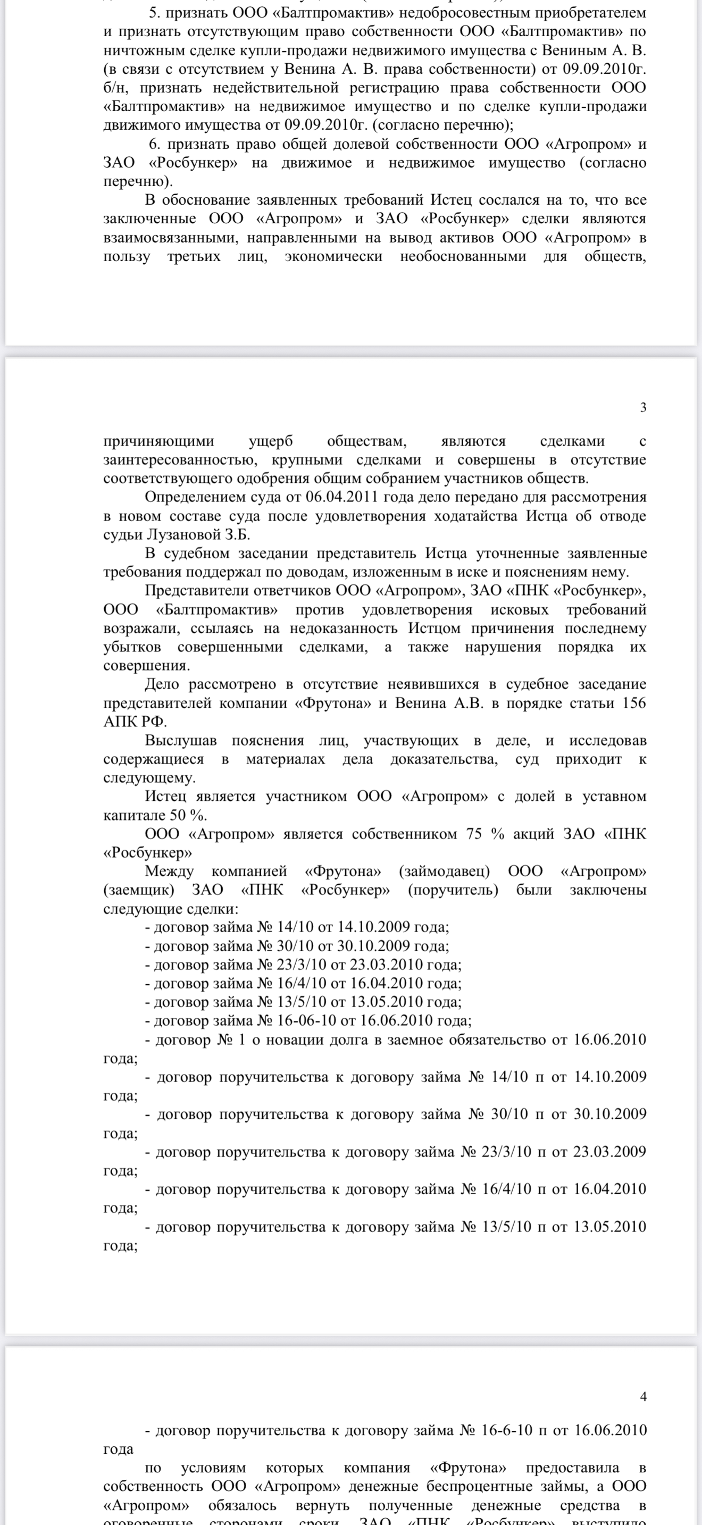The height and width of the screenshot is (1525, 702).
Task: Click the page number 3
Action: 643,407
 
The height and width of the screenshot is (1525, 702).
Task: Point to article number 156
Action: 634,703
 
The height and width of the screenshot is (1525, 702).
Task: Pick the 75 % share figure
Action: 482,834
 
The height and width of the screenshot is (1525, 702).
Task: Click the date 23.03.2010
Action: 386,965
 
